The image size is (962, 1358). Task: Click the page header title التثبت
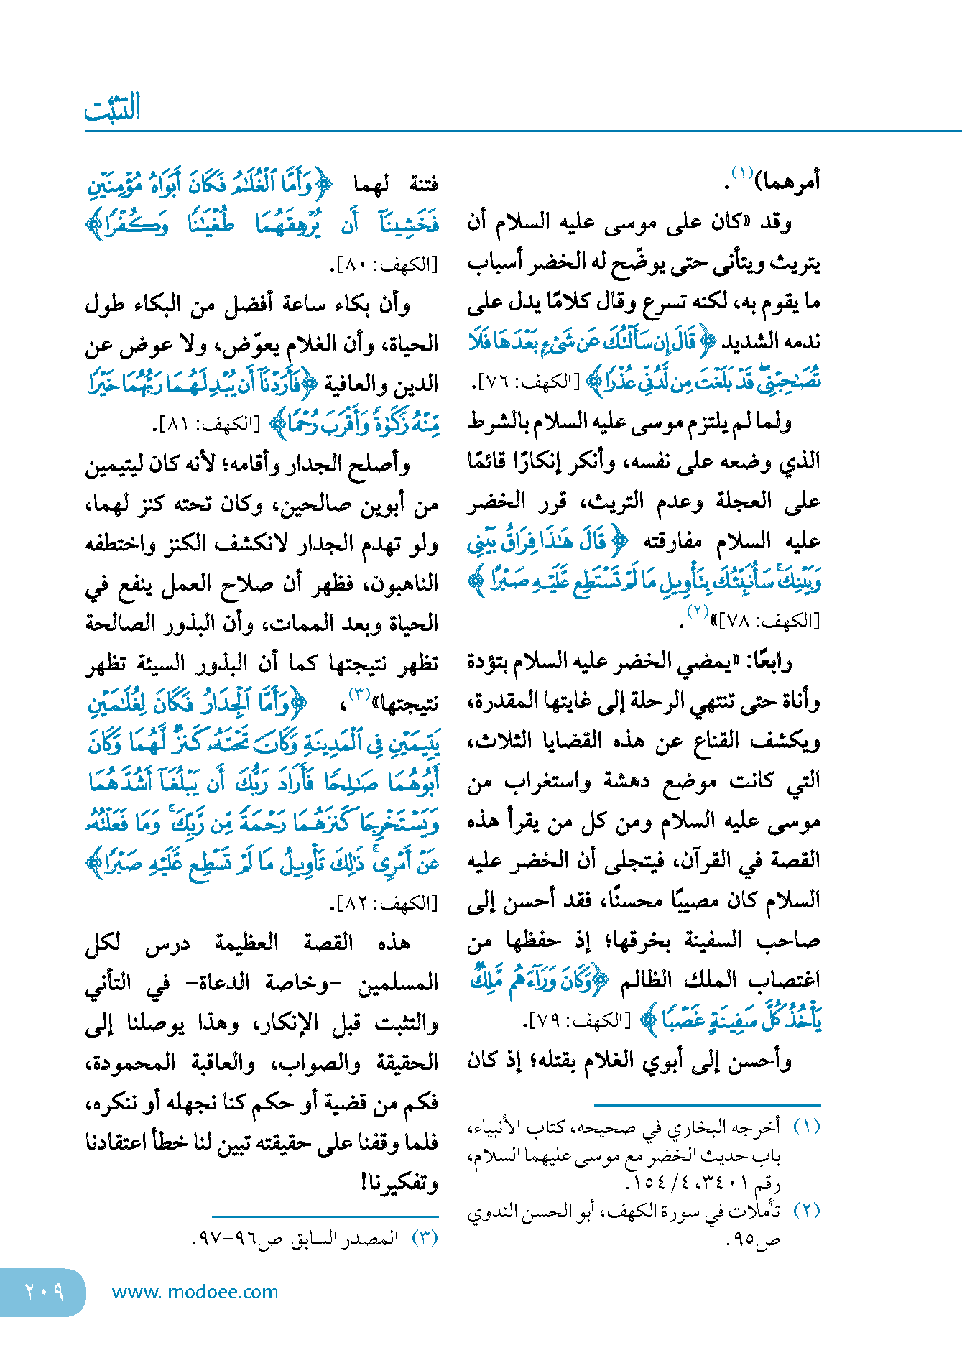(x=113, y=108)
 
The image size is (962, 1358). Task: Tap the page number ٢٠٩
(x=44, y=1291)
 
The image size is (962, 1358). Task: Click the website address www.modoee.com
(x=195, y=1292)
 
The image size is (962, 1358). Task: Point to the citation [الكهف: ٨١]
(x=208, y=425)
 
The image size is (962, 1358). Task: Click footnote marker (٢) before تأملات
(x=807, y=1211)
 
